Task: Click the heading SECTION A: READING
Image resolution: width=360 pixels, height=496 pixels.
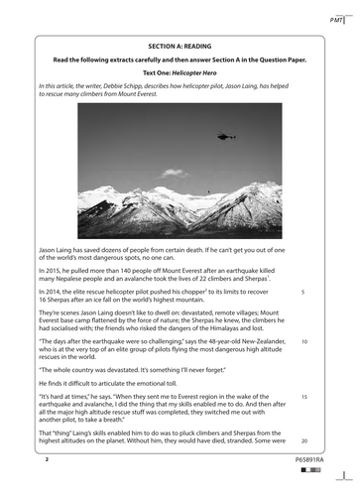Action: pos(179,48)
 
